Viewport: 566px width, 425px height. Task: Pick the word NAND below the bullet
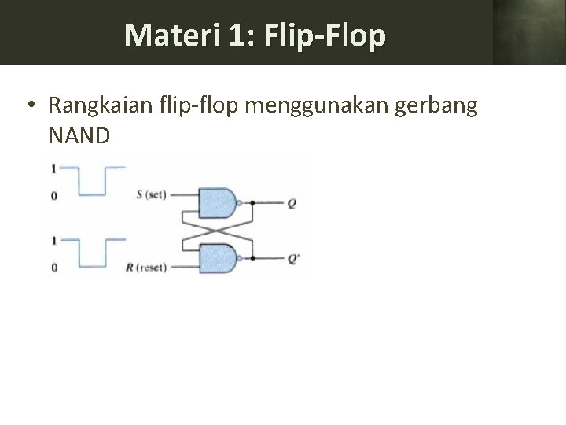tap(79, 135)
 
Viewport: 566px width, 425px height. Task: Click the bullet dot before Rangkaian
tap(29, 105)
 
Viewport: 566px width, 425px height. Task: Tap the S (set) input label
tap(151, 194)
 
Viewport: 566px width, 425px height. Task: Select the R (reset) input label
tap(147, 268)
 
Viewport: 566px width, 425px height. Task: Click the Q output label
tap(292, 202)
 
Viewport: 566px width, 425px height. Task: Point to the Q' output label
tap(292, 257)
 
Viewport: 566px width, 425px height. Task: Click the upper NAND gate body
tap(218, 202)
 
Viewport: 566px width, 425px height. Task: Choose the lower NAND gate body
tap(218, 257)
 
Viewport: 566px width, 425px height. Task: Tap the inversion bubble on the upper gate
tap(238, 202)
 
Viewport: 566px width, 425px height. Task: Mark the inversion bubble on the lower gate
tap(238, 257)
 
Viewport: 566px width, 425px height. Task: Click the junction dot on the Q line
tap(252, 202)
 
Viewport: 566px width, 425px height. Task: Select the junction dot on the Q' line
tap(252, 257)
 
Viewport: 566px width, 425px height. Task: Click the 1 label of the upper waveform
tap(53, 168)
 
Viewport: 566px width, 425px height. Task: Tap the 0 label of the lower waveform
tap(53, 268)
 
